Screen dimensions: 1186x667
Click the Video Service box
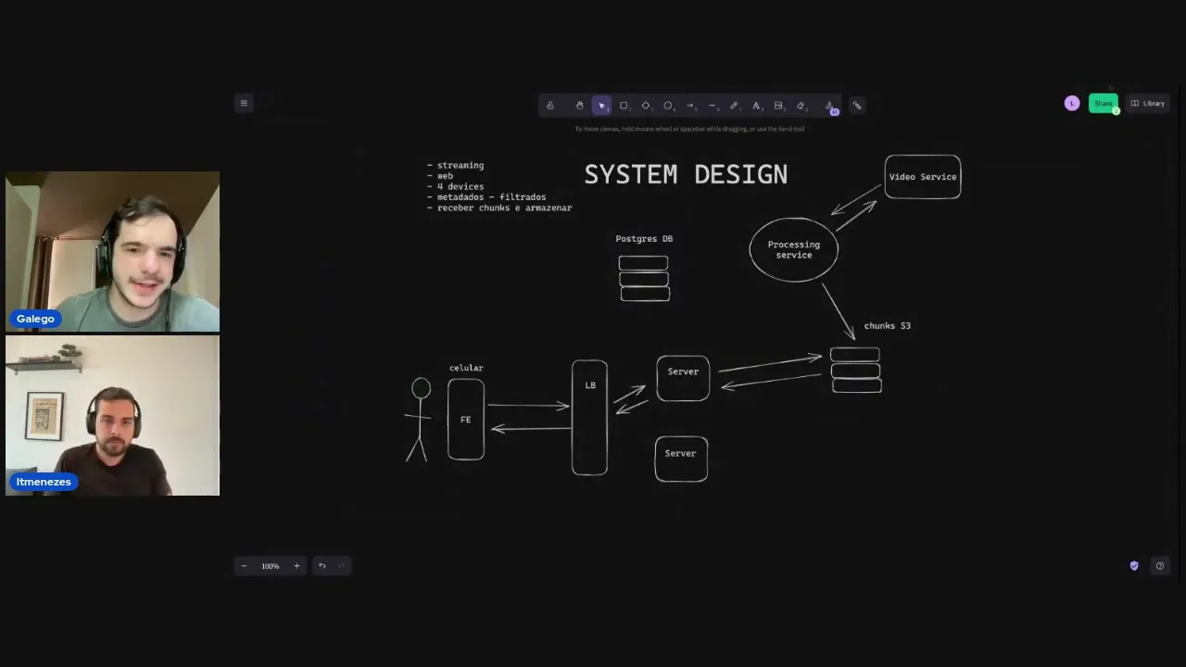coord(922,177)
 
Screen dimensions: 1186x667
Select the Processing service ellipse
coord(793,249)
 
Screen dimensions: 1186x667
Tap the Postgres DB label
coord(644,239)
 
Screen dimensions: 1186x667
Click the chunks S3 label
coord(887,326)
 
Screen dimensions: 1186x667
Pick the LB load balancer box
coord(590,417)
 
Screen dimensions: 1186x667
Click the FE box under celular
coord(465,420)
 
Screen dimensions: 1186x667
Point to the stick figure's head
coord(422,388)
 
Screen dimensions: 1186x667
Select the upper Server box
coord(683,378)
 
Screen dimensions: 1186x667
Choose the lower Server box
coord(681,459)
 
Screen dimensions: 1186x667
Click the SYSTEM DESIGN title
coord(686,174)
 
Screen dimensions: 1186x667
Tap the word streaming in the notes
coord(461,166)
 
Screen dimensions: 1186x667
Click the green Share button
coord(1103,104)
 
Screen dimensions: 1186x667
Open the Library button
coord(1148,104)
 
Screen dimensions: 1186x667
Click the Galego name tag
coord(35,319)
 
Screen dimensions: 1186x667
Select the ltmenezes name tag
coord(44,482)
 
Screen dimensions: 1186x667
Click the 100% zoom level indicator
coord(270,566)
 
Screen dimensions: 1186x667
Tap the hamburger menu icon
coord(244,104)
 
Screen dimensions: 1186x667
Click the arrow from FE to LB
coord(528,406)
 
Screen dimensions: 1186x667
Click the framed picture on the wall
coord(44,416)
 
